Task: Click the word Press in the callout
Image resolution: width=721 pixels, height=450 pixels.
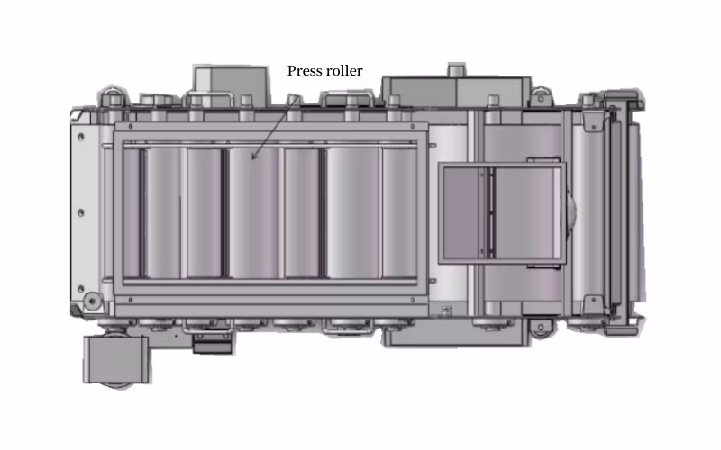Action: coord(302,71)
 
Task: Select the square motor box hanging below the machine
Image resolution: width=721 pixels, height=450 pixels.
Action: coord(116,359)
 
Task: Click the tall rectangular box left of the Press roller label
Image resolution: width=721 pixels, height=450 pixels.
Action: coord(232,85)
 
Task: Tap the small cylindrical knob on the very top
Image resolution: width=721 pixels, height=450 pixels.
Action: coord(456,70)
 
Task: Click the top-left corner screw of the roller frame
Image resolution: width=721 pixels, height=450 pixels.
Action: coord(131,126)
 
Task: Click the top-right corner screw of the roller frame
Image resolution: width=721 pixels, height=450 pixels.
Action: coord(413,126)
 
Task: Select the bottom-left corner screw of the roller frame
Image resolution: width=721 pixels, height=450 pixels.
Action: coord(131,300)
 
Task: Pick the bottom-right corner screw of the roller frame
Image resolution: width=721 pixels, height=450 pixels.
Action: coord(413,300)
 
